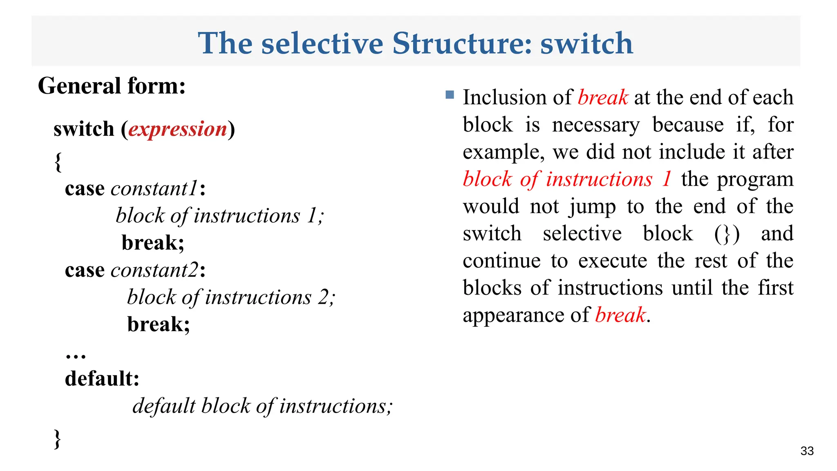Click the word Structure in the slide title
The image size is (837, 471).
pos(462,43)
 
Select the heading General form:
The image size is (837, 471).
pos(112,86)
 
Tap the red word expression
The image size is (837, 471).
pos(178,129)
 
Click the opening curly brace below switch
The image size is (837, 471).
pos(58,162)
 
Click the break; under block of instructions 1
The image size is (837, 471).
pos(153,243)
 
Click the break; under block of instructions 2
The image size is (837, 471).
pos(159,324)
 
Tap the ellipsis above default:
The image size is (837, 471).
pos(76,355)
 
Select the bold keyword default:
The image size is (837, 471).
pos(102,379)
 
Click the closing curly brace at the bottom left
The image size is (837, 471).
pos(58,440)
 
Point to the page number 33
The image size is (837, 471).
pos(807,451)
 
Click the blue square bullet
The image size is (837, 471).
pos(450,95)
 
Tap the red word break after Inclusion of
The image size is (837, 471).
pos(603,98)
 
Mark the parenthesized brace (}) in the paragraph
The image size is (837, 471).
pos(727,234)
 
